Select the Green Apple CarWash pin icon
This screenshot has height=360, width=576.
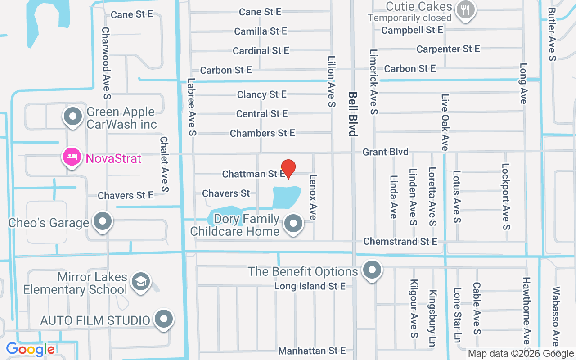[72, 117]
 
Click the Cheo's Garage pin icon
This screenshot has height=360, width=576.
[103, 221]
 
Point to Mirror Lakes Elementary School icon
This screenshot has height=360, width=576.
[140, 282]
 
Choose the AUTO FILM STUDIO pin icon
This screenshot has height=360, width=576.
[163, 319]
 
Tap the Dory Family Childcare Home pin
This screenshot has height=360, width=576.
[294, 223]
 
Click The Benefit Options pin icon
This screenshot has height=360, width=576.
[372, 270]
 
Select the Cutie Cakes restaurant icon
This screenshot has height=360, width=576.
[465, 9]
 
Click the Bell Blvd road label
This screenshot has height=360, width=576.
[353, 114]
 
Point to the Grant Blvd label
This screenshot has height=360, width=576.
[386, 152]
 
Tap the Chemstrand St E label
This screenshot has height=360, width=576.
[400, 242]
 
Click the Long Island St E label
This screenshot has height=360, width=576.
[310, 286]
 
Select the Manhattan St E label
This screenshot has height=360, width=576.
[311, 351]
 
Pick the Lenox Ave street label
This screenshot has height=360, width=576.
[313, 197]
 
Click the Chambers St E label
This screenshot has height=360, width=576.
[262, 133]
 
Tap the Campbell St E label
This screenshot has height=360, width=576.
[412, 30]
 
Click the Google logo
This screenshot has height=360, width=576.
[30, 349]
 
